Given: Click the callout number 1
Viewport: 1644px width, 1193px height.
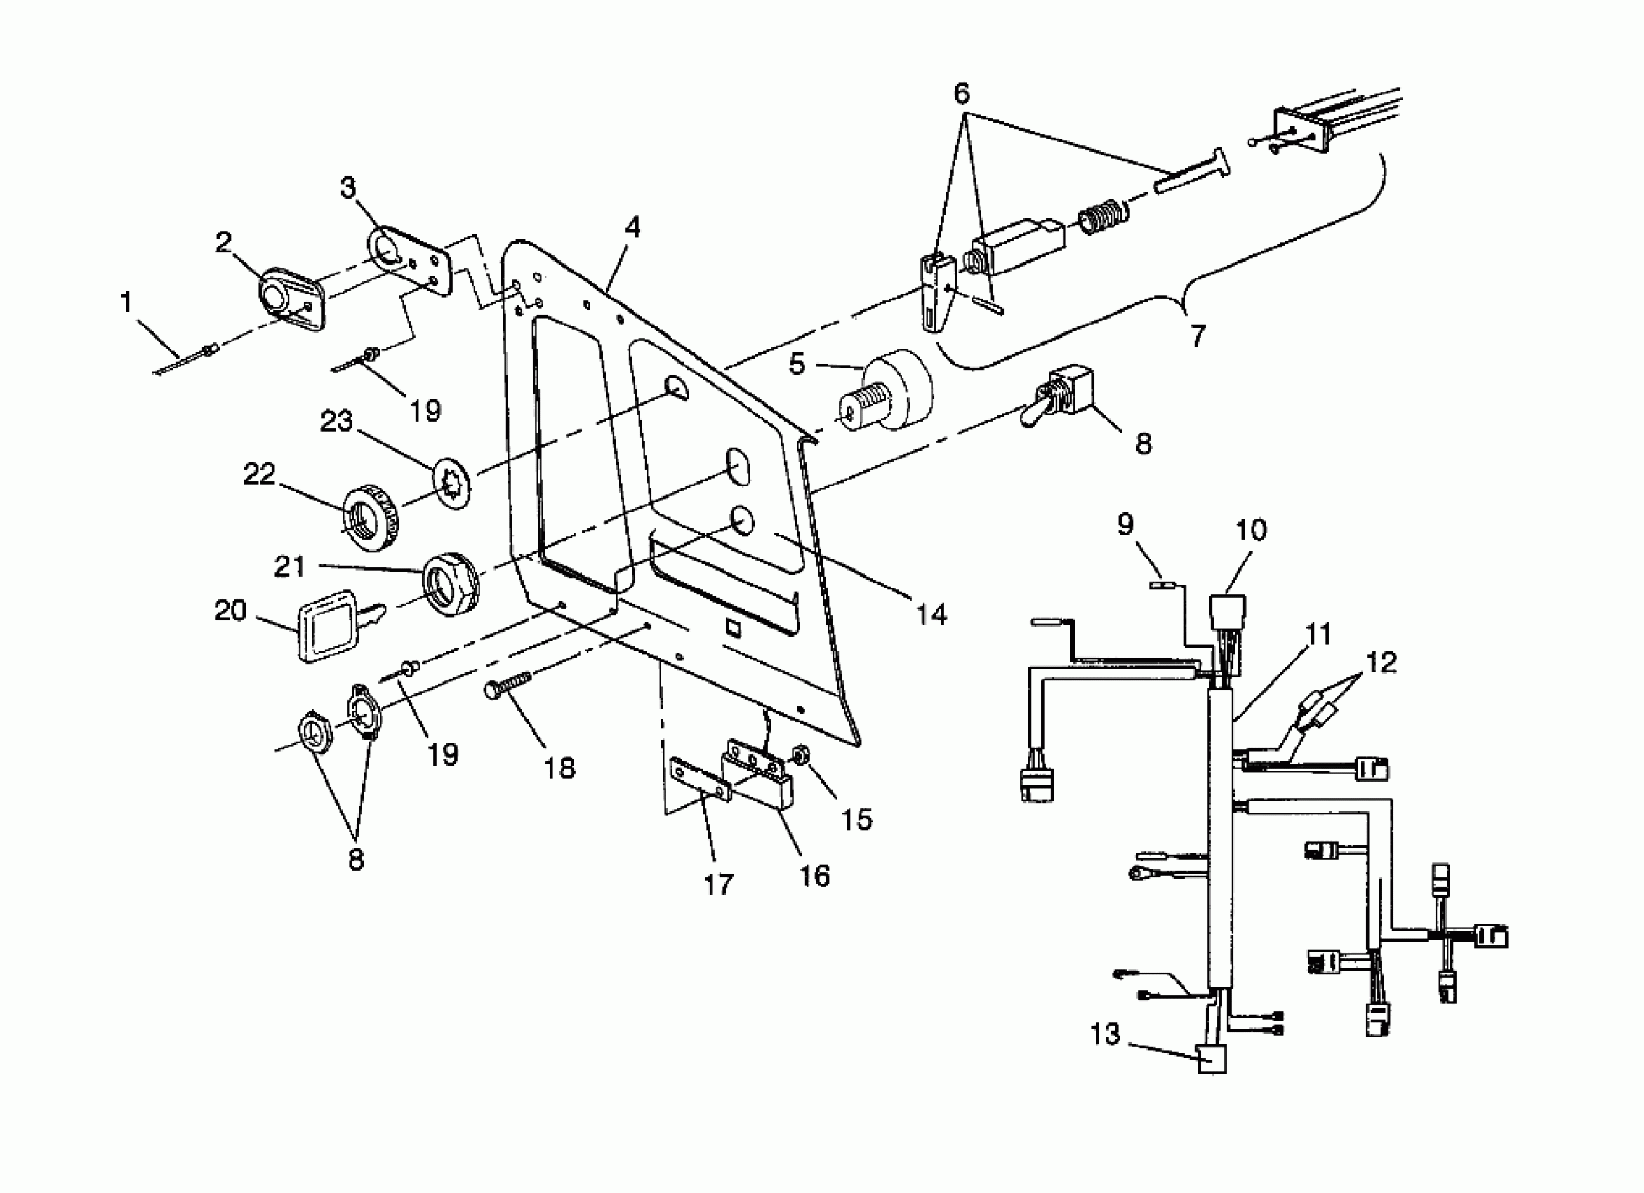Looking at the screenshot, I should pyautogui.click(x=127, y=303).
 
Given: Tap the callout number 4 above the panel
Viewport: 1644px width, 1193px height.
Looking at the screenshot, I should pyautogui.click(x=632, y=227).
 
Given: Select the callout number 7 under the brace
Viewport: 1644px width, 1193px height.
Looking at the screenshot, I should pyautogui.click(x=1198, y=335).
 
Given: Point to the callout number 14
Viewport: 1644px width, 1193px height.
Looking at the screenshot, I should pyautogui.click(x=932, y=615).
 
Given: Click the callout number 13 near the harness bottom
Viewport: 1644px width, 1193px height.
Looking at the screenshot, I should pyautogui.click(x=1106, y=1034).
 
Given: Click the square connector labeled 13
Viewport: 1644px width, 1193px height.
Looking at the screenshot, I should pyautogui.click(x=1212, y=1060).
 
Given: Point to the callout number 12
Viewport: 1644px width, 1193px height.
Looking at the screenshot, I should pyautogui.click(x=1382, y=662).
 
